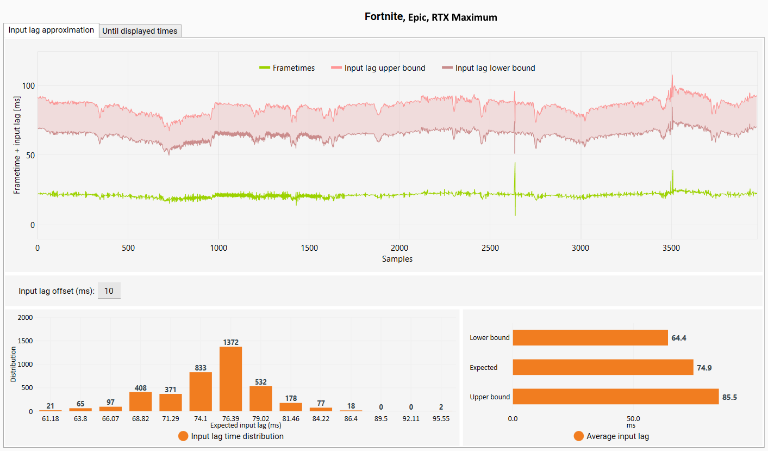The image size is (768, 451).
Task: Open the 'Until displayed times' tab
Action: tap(140, 31)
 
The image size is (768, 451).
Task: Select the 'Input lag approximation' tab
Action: tap(51, 30)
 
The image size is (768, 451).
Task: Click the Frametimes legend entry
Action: tap(287, 68)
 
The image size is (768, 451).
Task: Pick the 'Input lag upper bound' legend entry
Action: tap(378, 68)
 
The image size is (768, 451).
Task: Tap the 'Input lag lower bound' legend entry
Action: tap(489, 68)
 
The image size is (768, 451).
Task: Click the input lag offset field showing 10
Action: tap(109, 291)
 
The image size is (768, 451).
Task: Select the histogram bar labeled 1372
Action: tap(231, 379)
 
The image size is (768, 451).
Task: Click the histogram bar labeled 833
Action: tap(201, 392)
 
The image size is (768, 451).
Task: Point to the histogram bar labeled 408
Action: tap(141, 401)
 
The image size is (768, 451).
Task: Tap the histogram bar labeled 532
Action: tap(260, 399)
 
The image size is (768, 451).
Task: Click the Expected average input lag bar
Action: tap(603, 367)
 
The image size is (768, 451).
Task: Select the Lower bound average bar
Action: tap(590, 338)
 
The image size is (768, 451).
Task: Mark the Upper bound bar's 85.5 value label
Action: tap(729, 397)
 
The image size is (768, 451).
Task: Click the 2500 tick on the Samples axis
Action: tap(490, 248)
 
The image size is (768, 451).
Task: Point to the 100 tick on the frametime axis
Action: tap(28, 86)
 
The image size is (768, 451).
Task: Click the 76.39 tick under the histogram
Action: tap(231, 419)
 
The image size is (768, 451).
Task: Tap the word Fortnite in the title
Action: tap(384, 16)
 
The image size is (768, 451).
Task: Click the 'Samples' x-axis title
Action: tap(397, 259)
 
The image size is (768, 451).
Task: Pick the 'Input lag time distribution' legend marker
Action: tap(183, 436)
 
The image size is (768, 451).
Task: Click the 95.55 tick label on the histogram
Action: tap(441, 419)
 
